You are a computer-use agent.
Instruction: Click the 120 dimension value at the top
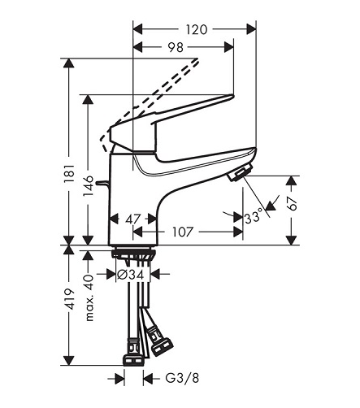point(197,29)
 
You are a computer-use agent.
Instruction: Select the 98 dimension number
point(176,47)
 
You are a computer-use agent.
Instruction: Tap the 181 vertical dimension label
point(69,173)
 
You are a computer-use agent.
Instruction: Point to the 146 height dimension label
point(88,186)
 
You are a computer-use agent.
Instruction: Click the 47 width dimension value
point(133,219)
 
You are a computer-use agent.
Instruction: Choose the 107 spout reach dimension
point(183,232)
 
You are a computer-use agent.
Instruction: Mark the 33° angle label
point(254,217)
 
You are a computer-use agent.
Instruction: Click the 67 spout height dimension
point(292,203)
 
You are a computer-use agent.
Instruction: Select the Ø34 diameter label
point(133,275)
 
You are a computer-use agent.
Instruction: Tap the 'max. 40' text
point(89,298)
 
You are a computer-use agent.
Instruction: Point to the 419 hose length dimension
point(69,299)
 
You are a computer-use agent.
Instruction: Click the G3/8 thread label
point(182,379)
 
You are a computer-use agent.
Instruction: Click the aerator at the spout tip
point(240,173)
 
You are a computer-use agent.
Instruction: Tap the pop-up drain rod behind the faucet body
point(103,184)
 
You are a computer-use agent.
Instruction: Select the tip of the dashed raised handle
point(198,60)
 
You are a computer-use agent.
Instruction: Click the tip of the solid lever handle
point(232,96)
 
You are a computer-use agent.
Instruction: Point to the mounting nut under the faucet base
point(133,254)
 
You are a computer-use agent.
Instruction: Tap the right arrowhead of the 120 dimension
point(251,29)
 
